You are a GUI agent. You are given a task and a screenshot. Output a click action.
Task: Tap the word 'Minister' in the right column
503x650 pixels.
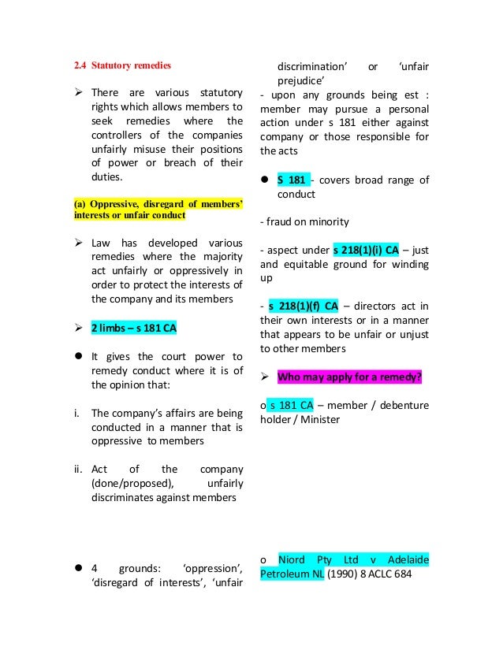[x=318, y=419]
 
